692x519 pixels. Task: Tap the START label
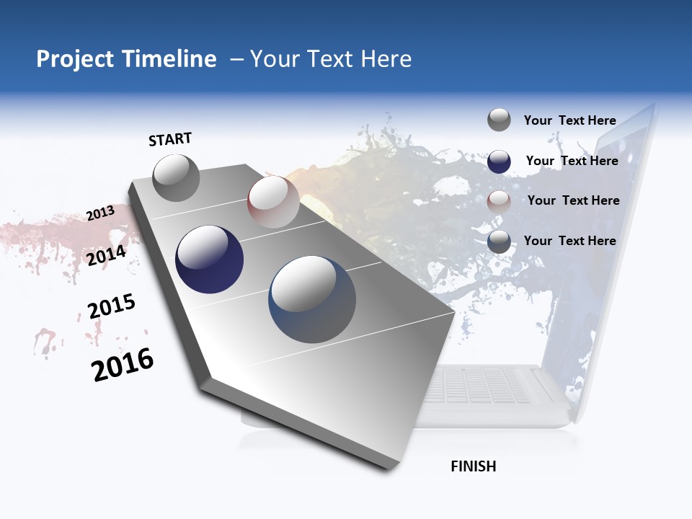tap(170, 139)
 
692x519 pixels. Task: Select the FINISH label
tap(474, 466)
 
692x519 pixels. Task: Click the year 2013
tap(101, 213)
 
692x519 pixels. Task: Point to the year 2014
tap(107, 255)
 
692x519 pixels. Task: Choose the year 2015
tap(112, 306)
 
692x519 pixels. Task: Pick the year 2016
tap(123, 365)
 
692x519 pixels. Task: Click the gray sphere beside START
tap(176, 177)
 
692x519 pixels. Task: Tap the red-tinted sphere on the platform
tap(273, 202)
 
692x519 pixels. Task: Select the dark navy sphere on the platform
tap(210, 259)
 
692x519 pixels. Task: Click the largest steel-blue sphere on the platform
tap(312, 300)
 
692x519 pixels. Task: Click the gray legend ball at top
tap(499, 120)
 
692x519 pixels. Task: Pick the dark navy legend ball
tap(499, 161)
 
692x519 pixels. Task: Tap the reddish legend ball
tap(499, 202)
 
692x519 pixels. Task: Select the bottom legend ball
tap(499, 242)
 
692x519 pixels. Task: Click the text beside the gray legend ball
tap(569, 120)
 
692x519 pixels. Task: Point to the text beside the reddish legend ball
tap(573, 200)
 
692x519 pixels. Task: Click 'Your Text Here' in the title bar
tap(331, 59)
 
